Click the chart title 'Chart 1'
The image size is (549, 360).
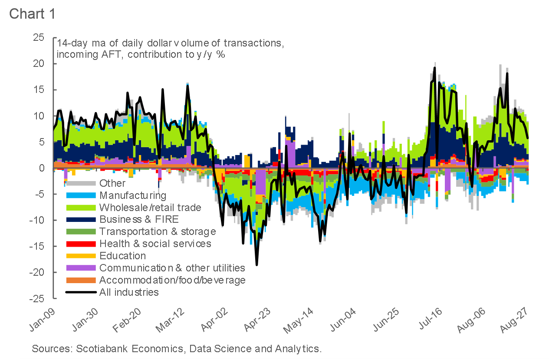[32, 13]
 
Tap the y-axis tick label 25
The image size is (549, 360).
[39, 38]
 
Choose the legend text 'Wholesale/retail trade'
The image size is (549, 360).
[150, 208]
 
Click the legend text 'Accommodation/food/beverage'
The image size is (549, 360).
[172, 280]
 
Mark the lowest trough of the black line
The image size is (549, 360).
[256, 264]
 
